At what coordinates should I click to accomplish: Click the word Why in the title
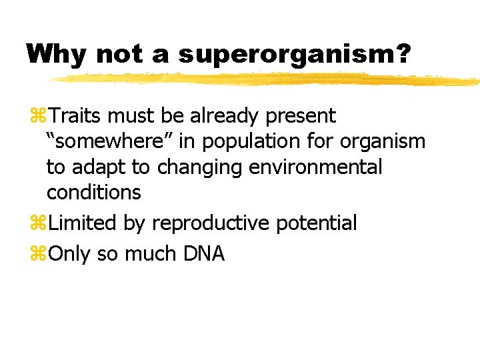(x=57, y=54)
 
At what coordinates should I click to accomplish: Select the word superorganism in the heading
(x=285, y=54)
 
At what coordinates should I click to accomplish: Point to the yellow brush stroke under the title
(x=267, y=79)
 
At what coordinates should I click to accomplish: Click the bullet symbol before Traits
(x=37, y=117)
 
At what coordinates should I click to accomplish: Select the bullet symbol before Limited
(x=37, y=223)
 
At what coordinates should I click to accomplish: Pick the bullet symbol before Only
(x=37, y=254)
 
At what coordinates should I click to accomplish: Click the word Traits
(x=76, y=116)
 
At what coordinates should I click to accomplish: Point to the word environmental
(x=315, y=167)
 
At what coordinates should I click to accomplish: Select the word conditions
(x=93, y=192)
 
